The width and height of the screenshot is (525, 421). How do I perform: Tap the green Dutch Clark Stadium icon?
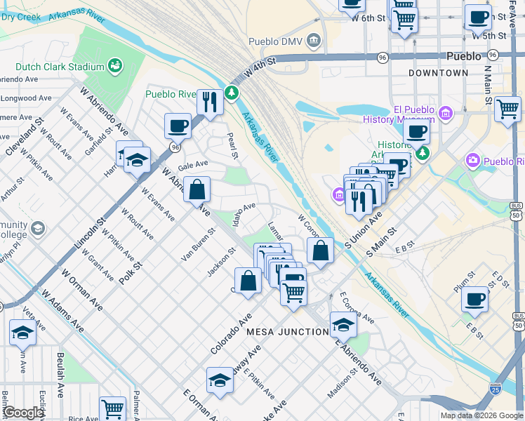click(116, 66)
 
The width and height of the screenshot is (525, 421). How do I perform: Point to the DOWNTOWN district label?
click(439, 73)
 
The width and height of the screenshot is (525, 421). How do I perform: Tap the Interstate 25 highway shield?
click(496, 386)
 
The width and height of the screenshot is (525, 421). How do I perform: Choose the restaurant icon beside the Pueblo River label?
click(210, 102)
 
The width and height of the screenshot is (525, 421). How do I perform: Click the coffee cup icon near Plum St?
click(474, 299)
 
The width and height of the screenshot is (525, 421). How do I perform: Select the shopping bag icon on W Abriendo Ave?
click(197, 189)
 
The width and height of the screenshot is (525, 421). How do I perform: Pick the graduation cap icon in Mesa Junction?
click(343, 324)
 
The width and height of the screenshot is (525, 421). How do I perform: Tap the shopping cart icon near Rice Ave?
click(112, 408)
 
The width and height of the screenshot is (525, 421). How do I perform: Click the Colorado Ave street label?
click(231, 334)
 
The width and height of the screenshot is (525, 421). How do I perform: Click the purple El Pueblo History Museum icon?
click(445, 114)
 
